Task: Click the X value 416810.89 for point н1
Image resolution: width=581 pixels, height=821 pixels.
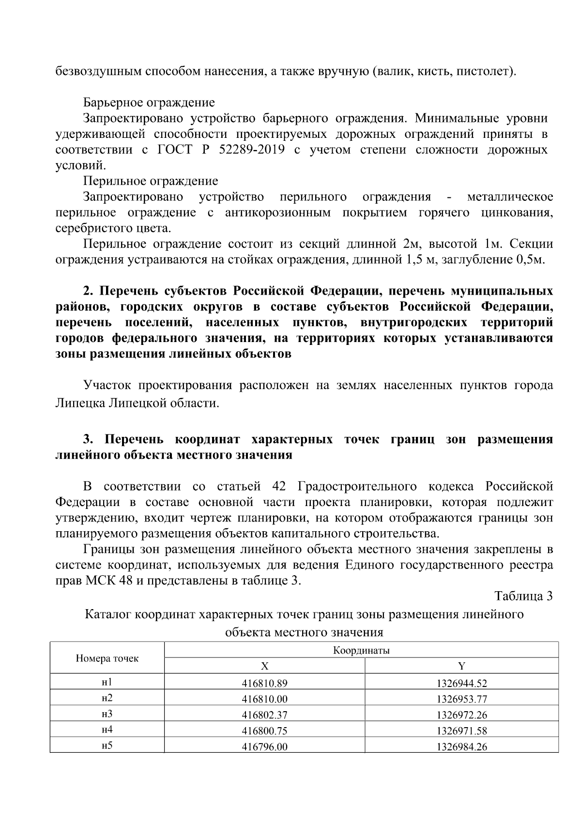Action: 264,684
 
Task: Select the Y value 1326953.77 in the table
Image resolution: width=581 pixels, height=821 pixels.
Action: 461,699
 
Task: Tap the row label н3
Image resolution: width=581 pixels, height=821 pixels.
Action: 107,714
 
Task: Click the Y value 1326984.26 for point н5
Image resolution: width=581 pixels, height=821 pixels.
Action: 461,746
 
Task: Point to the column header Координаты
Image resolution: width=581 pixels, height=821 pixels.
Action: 361,651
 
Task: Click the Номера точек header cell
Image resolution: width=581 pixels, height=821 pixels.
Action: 107,658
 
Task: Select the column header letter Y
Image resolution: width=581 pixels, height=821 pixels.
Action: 461,666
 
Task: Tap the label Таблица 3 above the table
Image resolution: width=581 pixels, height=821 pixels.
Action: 523,596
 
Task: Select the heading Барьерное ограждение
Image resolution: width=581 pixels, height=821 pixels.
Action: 149,103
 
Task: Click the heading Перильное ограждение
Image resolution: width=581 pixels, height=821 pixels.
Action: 151,181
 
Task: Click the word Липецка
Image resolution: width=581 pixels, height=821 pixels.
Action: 80,403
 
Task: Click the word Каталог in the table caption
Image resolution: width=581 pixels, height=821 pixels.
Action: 107,614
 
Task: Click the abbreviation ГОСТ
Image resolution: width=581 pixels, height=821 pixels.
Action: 174,149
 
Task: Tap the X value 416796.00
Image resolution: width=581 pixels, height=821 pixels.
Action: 264,746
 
